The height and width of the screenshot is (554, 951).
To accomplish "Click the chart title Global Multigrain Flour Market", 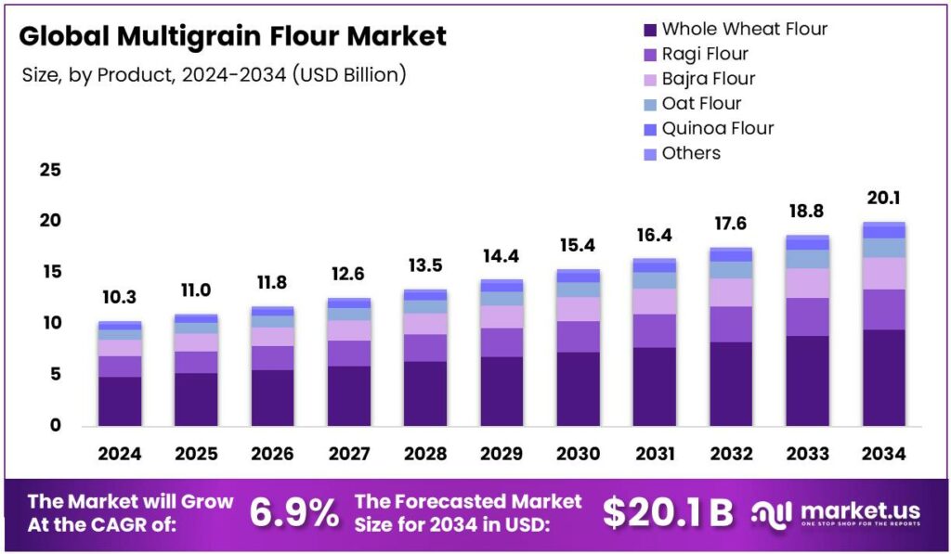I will click(x=233, y=36).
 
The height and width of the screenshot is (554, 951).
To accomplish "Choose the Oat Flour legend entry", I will click(x=701, y=103).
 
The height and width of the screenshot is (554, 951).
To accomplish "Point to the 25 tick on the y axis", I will click(x=50, y=170).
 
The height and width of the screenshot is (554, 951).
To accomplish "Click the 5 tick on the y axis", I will click(x=55, y=374).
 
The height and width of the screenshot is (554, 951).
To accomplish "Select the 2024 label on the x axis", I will click(x=120, y=454).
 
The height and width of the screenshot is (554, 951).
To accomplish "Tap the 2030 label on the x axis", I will click(x=578, y=454).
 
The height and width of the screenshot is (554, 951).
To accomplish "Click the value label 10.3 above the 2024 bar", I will click(x=120, y=298).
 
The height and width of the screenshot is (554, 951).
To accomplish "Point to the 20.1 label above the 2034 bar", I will click(x=883, y=198).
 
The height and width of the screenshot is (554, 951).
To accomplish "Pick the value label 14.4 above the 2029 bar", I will click(x=502, y=255).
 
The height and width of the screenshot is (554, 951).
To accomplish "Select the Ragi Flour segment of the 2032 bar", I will click(x=731, y=324).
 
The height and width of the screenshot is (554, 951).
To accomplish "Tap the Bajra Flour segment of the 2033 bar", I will click(x=807, y=283).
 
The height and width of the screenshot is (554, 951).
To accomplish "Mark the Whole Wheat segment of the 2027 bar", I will click(x=349, y=395).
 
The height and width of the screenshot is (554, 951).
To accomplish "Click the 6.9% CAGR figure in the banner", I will click(x=294, y=513).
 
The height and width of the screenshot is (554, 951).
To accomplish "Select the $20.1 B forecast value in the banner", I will click(x=667, y=513).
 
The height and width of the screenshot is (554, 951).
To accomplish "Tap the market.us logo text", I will click(x=859, y=510).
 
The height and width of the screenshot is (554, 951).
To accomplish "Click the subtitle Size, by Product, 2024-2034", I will click(x=214, y=74).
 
